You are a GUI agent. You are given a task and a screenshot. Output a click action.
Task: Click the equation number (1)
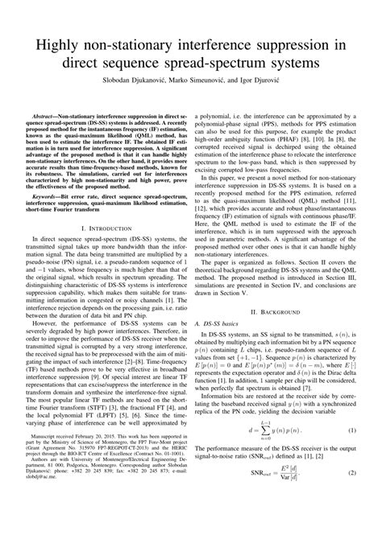pyautogui.click(x=352, y=477)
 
